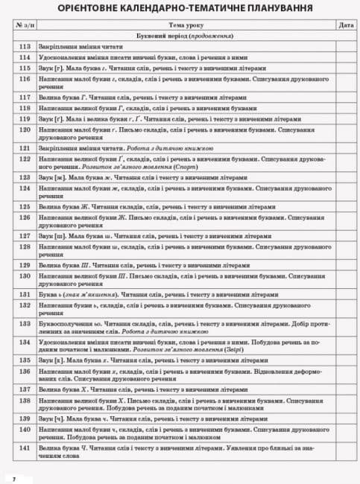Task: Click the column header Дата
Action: (x=344, y=25)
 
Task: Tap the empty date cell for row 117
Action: (x=344, y=97)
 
